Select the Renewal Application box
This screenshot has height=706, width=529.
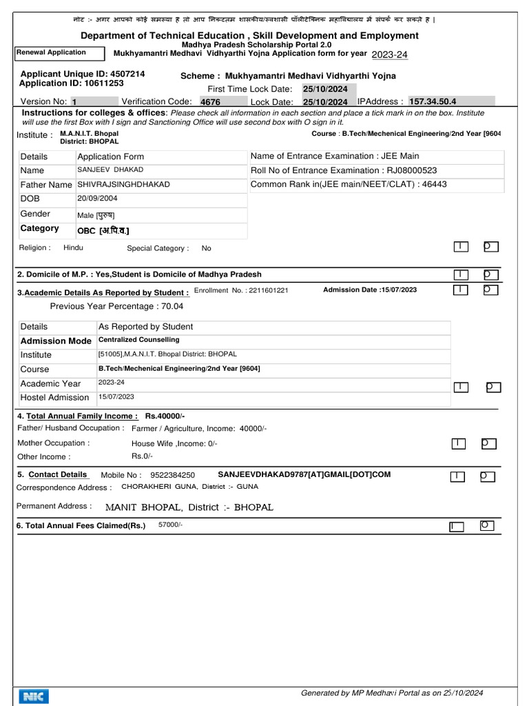pos(59,53)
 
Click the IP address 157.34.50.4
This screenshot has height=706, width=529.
pos(433,101)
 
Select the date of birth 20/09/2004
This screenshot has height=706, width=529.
pos(96,199)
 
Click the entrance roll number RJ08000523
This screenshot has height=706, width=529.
pos(402,170)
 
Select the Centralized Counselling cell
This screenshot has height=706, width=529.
pos(138,340)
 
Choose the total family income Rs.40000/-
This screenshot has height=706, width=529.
pos(165,416)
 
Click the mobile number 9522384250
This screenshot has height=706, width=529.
pos(172,475)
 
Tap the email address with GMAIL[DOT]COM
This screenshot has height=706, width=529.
pos(304,474)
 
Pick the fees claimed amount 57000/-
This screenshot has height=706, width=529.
pos(171,525)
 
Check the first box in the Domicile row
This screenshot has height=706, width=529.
pos(461,275)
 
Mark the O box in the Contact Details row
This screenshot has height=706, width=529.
pos(487,476)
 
